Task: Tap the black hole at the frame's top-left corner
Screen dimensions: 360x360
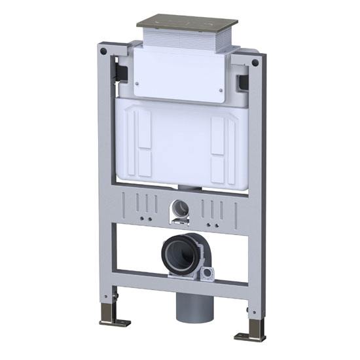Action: (x=103, y=50)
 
